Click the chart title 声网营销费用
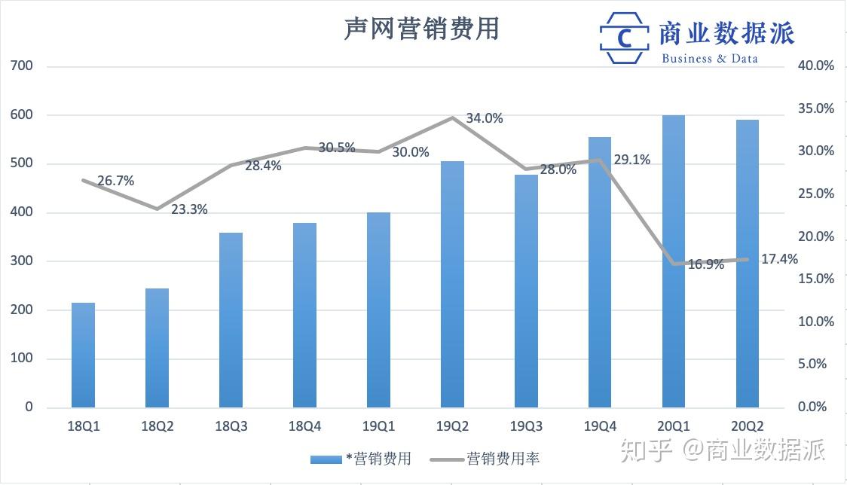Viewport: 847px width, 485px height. (421, 29)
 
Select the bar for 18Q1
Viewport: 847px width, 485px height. (83, 354)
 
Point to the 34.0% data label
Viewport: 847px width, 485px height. (485, 118)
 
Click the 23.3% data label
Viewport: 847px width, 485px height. (189, 210)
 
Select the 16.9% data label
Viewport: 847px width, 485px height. (706, 264)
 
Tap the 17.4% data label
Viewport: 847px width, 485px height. (780, 259)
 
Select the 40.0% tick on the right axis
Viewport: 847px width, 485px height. (816, 66)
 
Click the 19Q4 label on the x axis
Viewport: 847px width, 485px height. (600, 427)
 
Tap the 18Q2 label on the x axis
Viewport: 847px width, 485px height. (157, 427)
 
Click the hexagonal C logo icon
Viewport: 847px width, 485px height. (624, 38)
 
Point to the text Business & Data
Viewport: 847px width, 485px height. (709, 58)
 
